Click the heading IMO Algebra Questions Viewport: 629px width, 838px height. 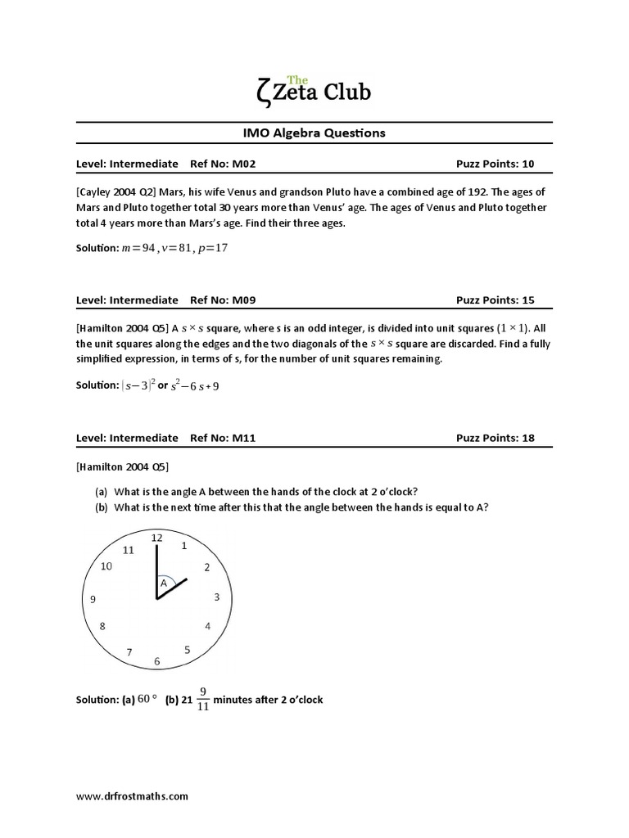314,132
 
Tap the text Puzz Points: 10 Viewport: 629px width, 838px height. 495,164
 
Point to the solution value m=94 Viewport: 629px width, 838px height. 137,248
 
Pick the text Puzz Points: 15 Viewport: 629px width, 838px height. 495,300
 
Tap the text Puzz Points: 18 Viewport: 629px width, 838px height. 495,438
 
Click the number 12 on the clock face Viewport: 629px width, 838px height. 157,538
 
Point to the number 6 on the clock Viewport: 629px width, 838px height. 157,661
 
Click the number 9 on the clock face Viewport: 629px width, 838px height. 93,599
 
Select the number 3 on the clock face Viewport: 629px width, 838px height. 217,597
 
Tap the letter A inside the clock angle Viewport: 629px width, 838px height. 163,583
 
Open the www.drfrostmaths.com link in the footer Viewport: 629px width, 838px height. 132,795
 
